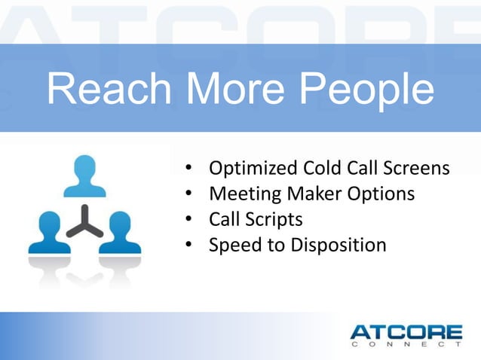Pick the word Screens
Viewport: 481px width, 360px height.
[x=418, y=167]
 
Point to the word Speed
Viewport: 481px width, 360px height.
[x=234, y=246]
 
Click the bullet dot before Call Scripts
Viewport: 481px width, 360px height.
[x=191, y=220]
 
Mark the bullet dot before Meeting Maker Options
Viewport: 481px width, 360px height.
[x=191, y=194]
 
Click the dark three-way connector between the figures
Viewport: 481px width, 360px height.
[x=84, y=221]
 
